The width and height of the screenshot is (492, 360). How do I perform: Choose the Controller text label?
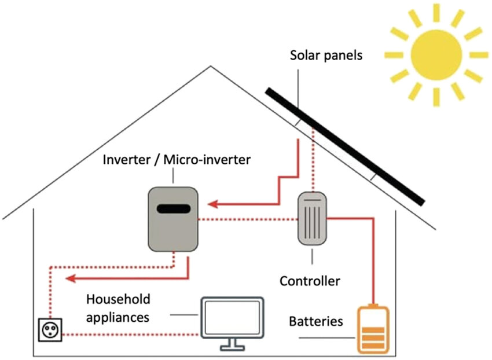coord(310,282)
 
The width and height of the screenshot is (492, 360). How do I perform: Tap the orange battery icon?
coord(373,329)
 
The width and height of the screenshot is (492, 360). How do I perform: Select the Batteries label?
coord(315,321)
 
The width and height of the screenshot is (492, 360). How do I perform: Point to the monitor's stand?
coord(232,345)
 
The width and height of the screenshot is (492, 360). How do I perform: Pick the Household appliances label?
coord(118,308)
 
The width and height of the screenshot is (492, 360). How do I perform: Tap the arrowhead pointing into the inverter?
coord(213,204)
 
